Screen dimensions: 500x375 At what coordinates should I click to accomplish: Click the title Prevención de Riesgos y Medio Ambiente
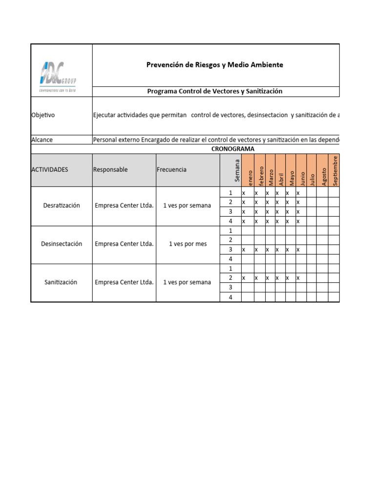click(215, 65)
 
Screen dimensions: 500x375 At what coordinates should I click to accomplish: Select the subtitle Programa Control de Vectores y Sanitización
click(215, 91)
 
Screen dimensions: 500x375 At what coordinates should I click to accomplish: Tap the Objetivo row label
click(43, 115)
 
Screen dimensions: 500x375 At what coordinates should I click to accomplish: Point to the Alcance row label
click(42, 140)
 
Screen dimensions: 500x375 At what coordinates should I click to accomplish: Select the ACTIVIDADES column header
click(50, 170)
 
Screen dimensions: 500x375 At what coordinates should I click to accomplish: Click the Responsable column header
click(110, 170)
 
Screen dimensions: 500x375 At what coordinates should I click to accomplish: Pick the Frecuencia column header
click(171, 170)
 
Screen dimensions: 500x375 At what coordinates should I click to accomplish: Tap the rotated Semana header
click(237, 170)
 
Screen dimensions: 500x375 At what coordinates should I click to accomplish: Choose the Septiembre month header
click(335, 170)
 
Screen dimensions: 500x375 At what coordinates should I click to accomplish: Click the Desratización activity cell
click(62, 206)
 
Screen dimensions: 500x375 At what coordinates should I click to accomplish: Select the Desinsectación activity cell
click(62, 244)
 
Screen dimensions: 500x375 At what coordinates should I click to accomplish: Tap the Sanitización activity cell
click(62, 282)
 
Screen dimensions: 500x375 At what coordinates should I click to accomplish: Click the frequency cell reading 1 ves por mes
click(188, 244)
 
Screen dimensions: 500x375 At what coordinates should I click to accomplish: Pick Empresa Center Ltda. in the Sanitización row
click(124, 282)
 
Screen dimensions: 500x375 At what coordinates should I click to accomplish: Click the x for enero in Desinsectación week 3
click(244, 250)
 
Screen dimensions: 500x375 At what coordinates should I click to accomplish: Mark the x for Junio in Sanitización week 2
click(298, 278)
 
